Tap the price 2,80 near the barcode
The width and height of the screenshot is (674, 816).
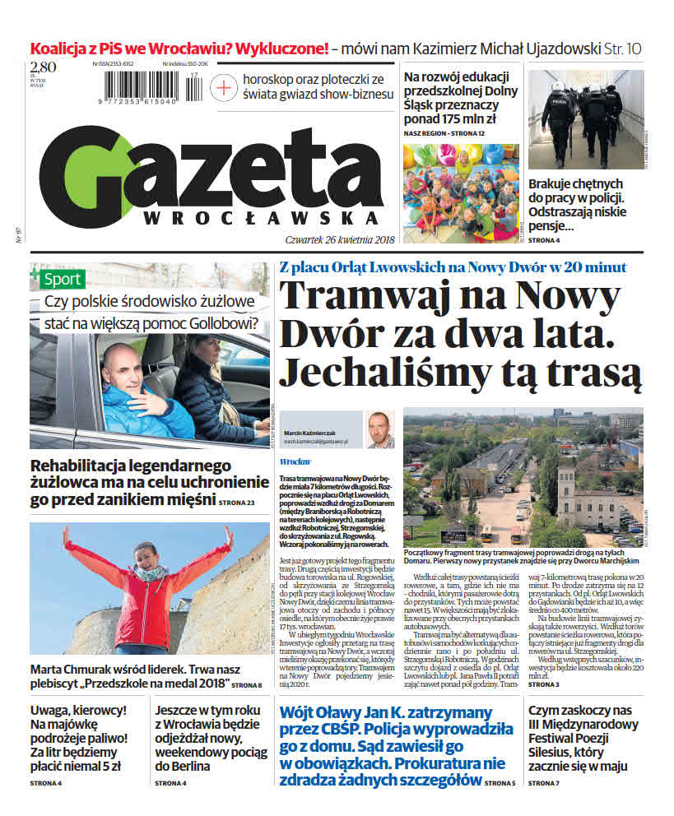pyautogui.click(x=44, y=67)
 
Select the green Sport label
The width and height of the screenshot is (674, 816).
pyautogui.click(x=62, y=279)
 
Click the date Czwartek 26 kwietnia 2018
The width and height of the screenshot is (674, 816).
pyautogui.click(x=330, y=239)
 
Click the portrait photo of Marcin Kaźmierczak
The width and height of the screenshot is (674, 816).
pyautogui.click(x=380, y=429)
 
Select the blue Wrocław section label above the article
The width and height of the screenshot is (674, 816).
pyautogui.click(x=295, y=461)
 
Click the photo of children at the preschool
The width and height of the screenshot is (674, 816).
pyautogui.click(x=460, y=193)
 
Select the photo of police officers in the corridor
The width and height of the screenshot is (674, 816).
pyautogui.click(x=586, y=119)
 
